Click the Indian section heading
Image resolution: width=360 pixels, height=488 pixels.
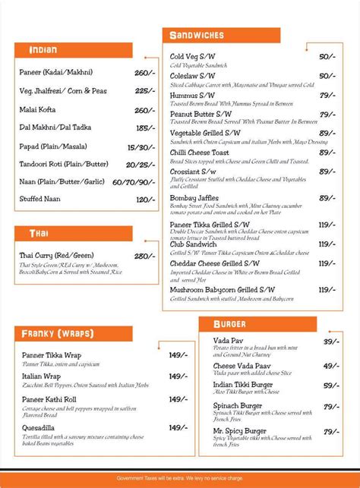[x=43, y=50]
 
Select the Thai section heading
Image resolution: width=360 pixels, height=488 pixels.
[x=38, y=234]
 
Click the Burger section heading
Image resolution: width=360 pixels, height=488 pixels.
[x=229, y=324]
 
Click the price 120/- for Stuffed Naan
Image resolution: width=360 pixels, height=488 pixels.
[x=145, y=200]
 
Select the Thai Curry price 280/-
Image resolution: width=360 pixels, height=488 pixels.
[x=144, y=256]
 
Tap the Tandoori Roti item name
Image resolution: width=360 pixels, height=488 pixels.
[x=64, y=164]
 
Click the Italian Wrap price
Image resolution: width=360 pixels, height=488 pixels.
[x=178, y=376]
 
